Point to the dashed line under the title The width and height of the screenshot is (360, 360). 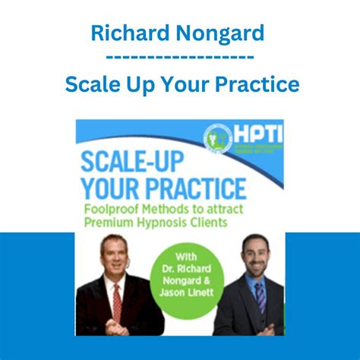(179, 57)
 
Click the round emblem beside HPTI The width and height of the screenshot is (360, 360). (218, 137)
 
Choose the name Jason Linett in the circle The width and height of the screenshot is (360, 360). (185, 290)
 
